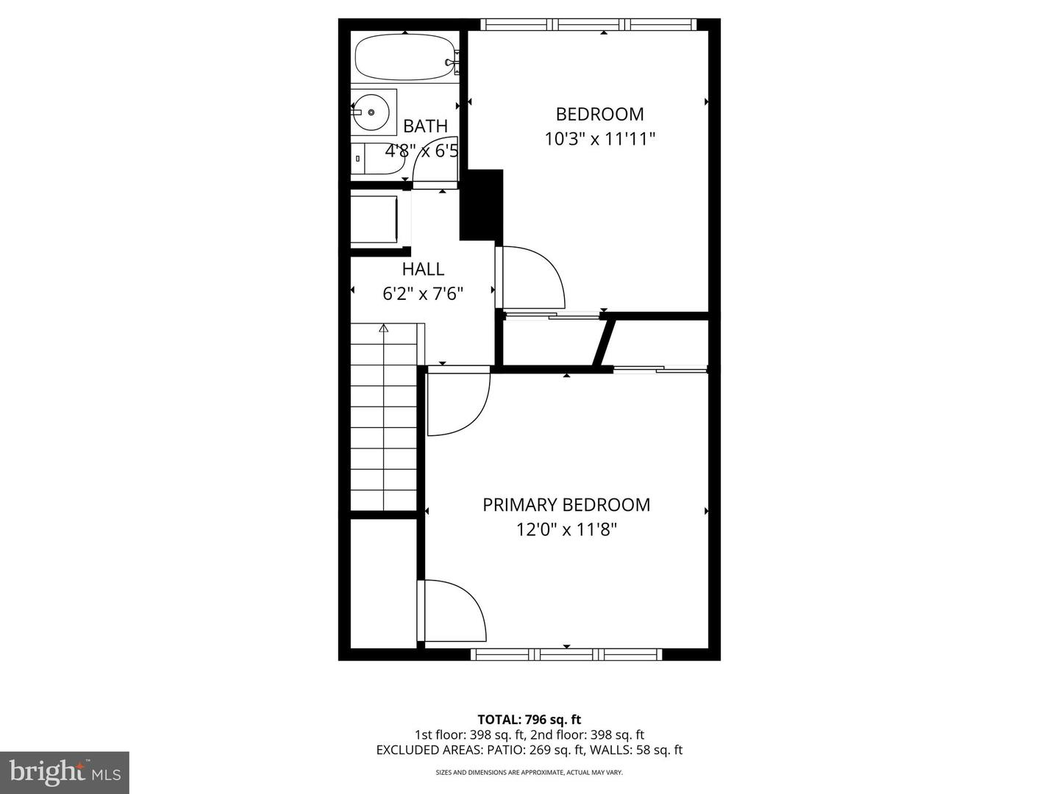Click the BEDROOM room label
pos(599,114)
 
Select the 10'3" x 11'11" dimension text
pos(599,138)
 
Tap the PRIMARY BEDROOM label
pos(566,505)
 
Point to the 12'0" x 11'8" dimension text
pos(566,529)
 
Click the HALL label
pos(423,269)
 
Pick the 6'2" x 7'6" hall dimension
pos(423,294)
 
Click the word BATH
pos(425,126)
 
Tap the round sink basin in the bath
pos(372,112)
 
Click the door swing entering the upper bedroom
pos(533,278)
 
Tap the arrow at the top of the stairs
pos(383,329)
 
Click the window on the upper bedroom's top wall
pos(588,25)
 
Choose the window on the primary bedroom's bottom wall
pos(566,654)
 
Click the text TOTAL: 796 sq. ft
pos(529,720)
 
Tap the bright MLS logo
pos(64,772)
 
